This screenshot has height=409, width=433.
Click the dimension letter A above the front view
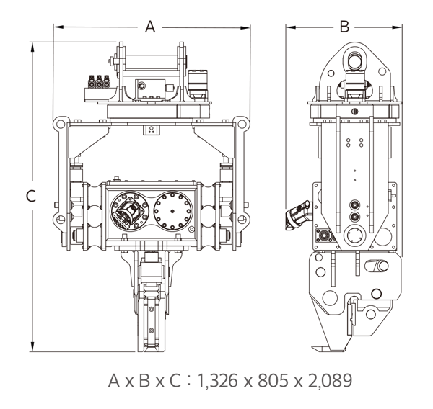click(150, 27)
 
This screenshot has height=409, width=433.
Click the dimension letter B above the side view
click(344, 27)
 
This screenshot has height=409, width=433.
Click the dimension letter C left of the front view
click(31, 197)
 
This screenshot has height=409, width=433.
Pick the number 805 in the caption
click(272, 381)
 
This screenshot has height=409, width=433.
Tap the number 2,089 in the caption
click(330, 381)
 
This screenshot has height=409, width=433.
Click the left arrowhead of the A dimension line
click(58, 27)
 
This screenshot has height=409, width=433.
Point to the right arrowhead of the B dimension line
click(397, 27)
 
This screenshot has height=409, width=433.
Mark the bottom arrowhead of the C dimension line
click(32, 346)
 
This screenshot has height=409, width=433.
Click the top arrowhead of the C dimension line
click(32, 48)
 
